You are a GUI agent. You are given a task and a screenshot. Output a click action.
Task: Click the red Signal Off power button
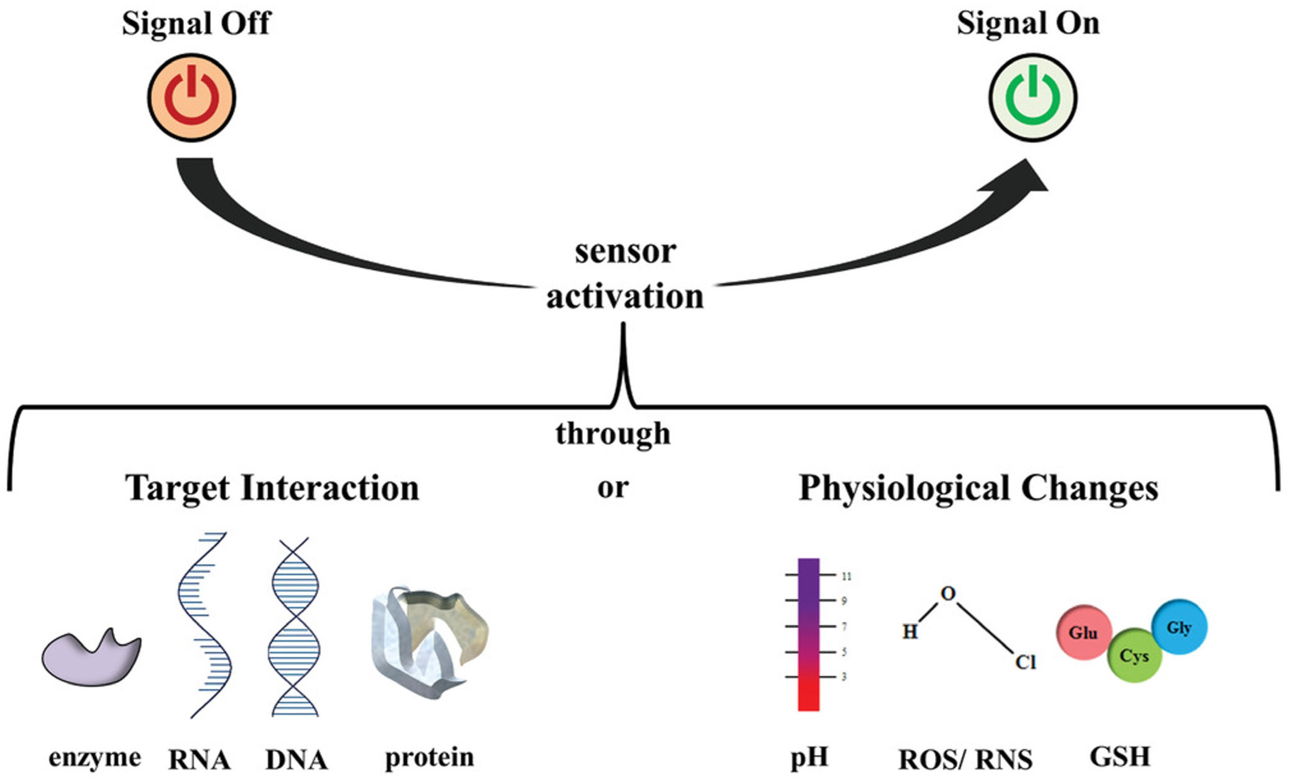[191, 97]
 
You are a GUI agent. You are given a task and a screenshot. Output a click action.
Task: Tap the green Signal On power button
[1032, 97]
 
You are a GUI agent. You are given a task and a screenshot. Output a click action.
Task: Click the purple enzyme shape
[90, 660]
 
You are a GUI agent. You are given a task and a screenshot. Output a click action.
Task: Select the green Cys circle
[1134, 655]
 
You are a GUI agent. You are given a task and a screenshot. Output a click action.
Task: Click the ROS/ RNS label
[965, 759]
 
